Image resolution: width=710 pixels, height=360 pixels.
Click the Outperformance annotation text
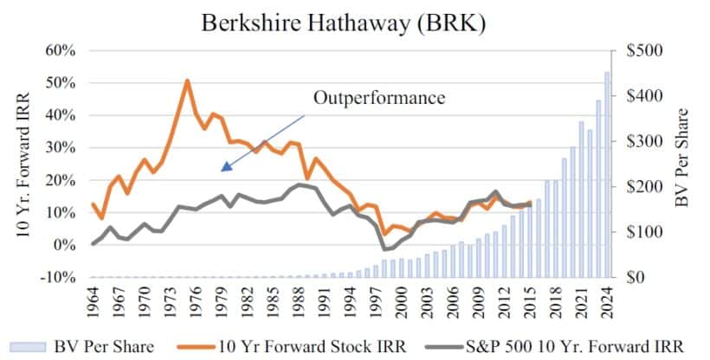(x=378, y=97)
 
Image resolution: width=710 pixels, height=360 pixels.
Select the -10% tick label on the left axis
(x=57, y=278)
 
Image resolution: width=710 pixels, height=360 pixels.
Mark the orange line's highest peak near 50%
(x=187, y=81)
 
